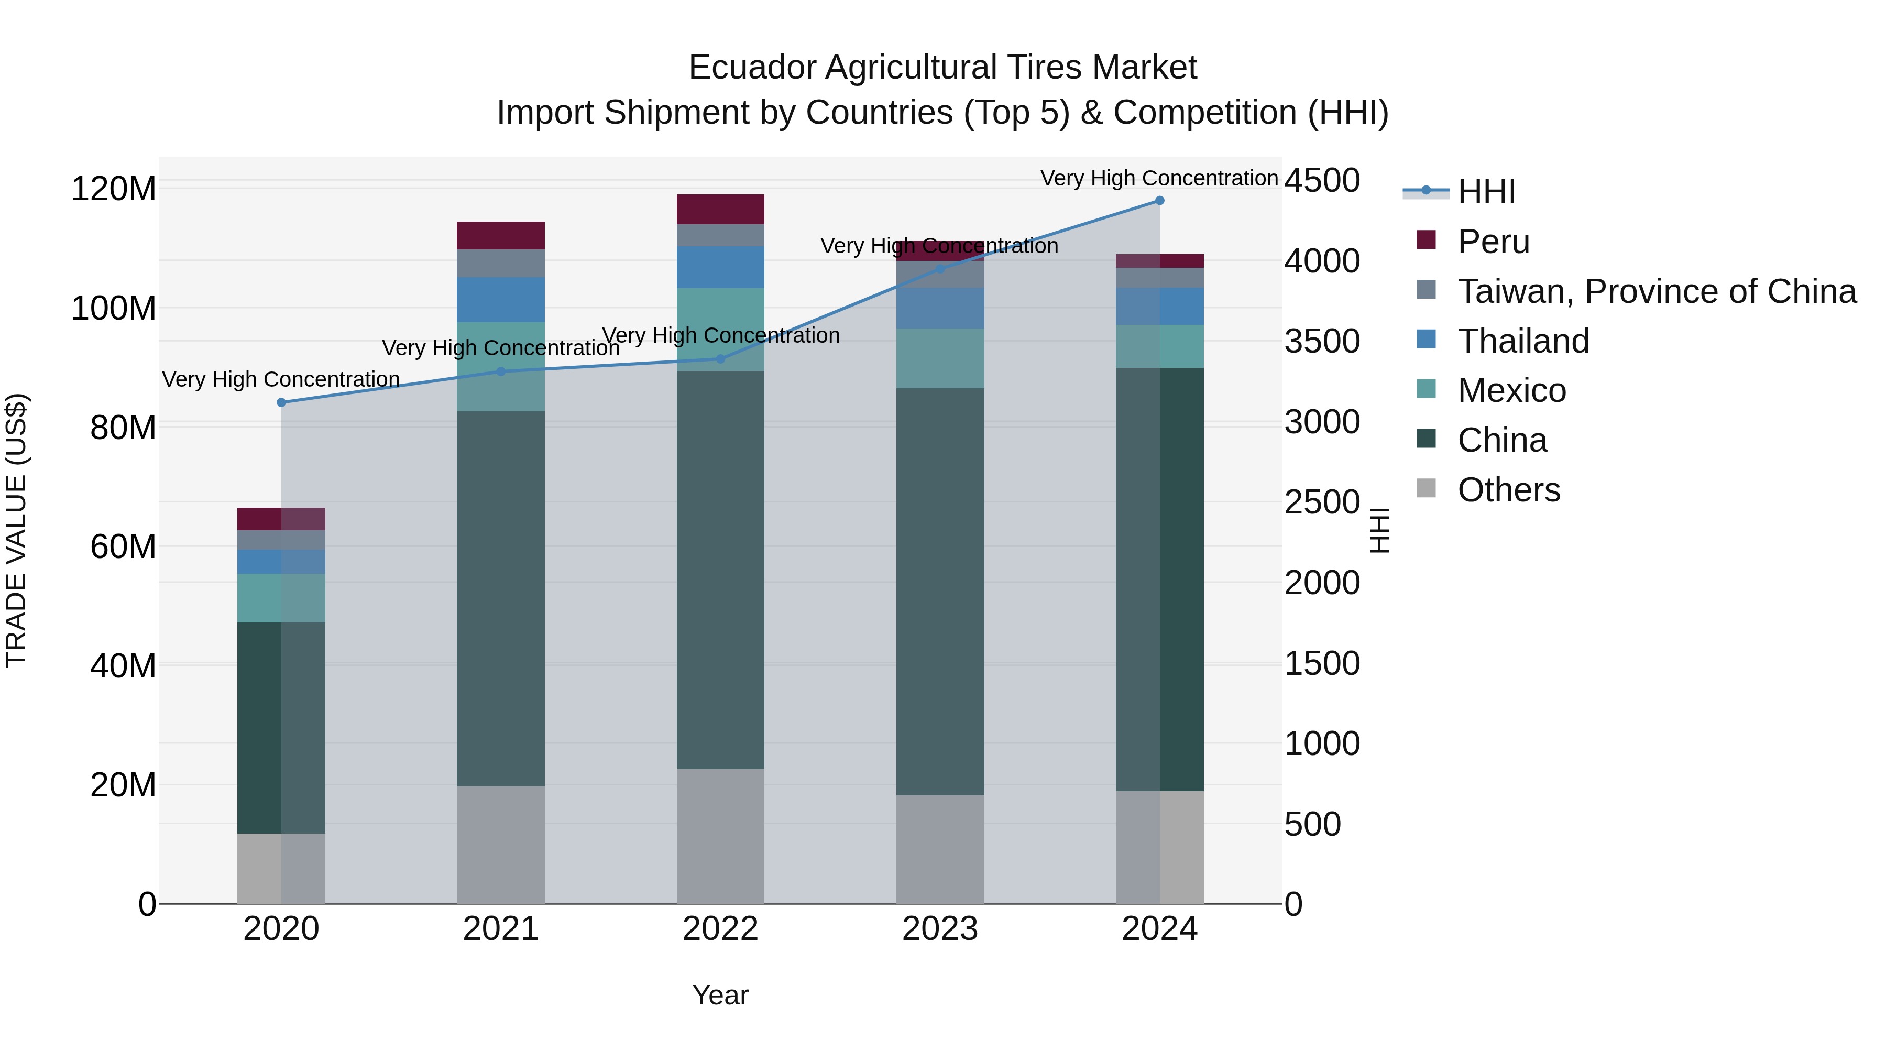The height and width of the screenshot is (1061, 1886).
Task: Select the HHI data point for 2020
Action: pyautogui.click(x=281, y=403)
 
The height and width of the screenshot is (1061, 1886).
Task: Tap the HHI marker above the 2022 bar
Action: pyautogui.click(x=720, y=359)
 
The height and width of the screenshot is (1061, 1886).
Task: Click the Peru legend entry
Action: pyautogui.click(x=1493, y=242)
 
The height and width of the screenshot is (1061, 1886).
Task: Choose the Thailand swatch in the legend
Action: pyautogui.click(x=1426, y=340)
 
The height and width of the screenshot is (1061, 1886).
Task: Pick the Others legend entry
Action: pyautogui.click(x=1508, y=490)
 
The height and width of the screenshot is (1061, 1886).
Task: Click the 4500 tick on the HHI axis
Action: pyautogui.click(x=1322, y=180)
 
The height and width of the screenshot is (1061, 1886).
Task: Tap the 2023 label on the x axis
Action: pyautogui.click(x=939, y=929)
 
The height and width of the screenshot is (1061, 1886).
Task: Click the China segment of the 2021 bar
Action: pyautogui.click(x=501, y=599)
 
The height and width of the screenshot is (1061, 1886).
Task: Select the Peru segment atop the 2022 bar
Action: pyautogui.click(x=720, y=210)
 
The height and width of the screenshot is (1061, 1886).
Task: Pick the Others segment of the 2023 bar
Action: pyautogui.click(x=939, y=849)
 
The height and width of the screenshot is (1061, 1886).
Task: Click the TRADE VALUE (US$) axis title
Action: pyautogui.click(x=17, y=530)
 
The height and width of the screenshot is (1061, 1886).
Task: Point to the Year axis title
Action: pyautogui.click(x=720, y=995)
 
